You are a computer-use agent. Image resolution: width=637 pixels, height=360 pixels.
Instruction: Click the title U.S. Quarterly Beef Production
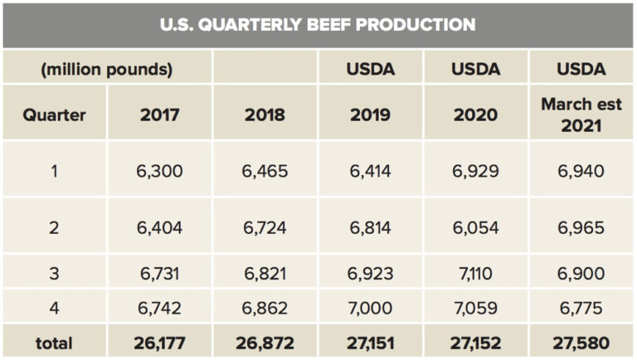click(x=318, y=24)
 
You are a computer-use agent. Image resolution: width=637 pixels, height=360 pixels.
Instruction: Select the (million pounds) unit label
click(x=107, y=69)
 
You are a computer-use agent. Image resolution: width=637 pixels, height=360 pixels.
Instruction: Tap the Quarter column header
click(x=54, y=114)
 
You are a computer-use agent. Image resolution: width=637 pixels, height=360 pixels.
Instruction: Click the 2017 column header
click(x=159, y=114)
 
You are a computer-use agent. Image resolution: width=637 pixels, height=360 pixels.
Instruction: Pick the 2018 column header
click(x=265, y=114)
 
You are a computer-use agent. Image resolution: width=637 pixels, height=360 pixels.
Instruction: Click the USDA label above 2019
click(x=370, y=69)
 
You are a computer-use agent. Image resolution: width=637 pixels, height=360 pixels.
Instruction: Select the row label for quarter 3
click(x=54, y=273)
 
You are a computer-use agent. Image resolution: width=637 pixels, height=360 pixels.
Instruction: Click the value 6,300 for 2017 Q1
click(x=159, y=171)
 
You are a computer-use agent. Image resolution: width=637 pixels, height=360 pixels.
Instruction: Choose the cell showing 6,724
click(x=265, y=227)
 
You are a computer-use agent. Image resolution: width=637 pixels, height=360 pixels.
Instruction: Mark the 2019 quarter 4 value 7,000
click(x=370, y=308)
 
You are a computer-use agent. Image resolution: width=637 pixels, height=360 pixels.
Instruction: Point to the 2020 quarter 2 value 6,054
click(x=475, y=227)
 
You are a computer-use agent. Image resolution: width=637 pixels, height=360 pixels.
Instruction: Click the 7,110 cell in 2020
click(x=475, y=273)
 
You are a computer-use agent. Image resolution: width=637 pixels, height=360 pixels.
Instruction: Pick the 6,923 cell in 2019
click(x=370, y=273)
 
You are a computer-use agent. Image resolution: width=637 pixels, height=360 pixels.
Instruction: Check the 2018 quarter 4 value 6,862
click(x=265, y=308)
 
